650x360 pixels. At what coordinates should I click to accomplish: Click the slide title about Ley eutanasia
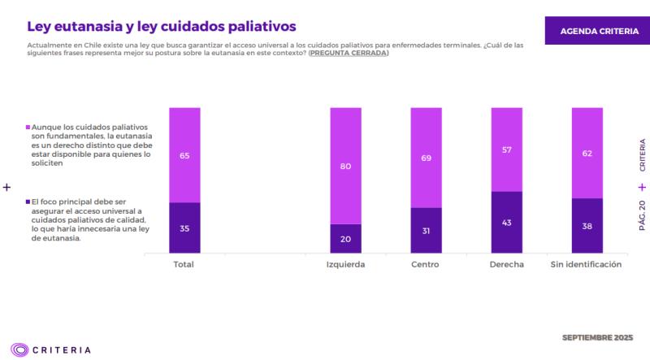(x=162, y=27)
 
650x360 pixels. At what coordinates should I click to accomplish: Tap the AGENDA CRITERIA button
(x=599, y=31)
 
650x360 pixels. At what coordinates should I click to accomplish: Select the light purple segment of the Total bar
(x=184, y=154)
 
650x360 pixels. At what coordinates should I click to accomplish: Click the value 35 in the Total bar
(x=184, y=228)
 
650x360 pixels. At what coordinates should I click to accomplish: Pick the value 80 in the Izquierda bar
(x=345, y=166)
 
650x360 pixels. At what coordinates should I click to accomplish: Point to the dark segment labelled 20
(x=345, y=239)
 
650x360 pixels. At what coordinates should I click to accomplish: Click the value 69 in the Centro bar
(x=426, y=158)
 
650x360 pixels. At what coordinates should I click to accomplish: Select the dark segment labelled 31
(x=426, y=231)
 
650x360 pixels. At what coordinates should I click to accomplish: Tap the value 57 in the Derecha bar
(x=506, y=150)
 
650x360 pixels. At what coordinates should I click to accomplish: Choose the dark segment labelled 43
(x=506, y=223)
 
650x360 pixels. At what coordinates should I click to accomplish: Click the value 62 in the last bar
(x=587, y=153)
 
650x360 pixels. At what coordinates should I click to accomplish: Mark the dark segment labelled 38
(x=587, y=227)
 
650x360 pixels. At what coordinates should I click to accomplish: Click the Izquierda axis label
(x=345, y=265)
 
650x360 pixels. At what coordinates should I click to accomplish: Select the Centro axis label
(x=426, y=265)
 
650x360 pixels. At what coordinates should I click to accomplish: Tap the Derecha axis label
(x=506, y=265)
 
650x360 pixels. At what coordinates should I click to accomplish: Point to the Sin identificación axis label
(x=586, y=265)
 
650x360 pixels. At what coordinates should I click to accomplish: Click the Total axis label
(x=184, y=265)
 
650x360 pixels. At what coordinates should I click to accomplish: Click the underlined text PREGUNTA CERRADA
(x=348, y=53)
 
